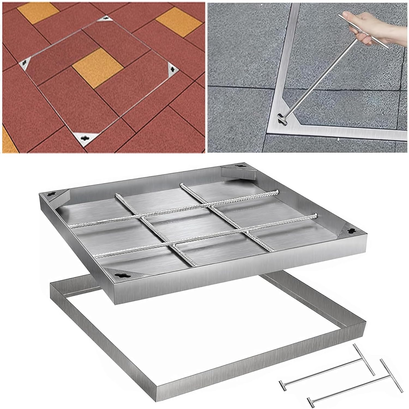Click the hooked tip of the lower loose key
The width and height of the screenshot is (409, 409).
tap(309, 400)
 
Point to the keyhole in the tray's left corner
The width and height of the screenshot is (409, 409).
tap(51, 194)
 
